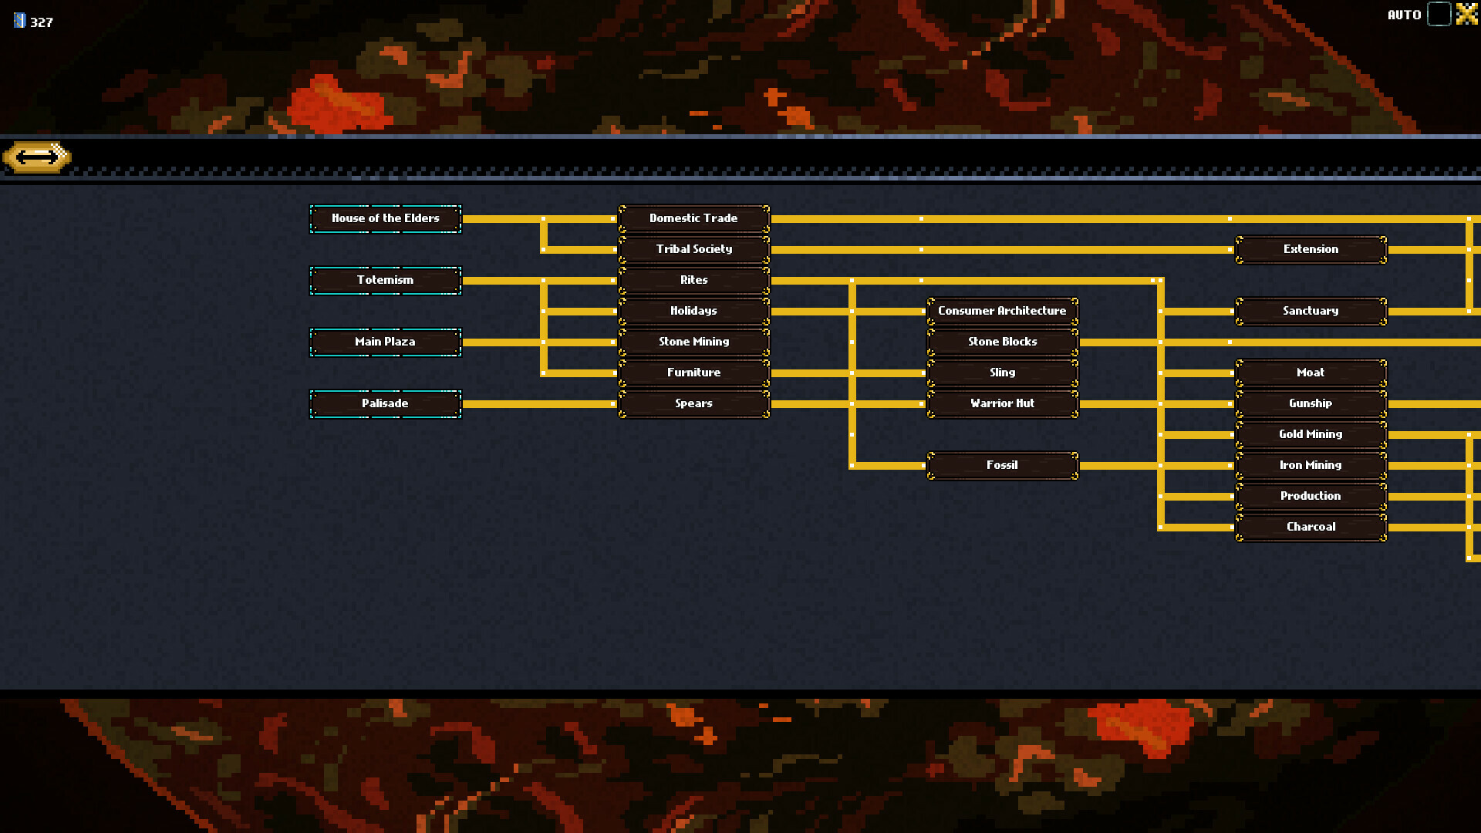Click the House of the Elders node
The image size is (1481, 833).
click(385, 218)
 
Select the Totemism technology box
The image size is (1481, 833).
click(385, 280)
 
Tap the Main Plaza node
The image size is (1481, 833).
click(385, 342)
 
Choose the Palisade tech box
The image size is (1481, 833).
click(385, 403)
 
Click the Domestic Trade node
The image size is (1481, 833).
click(693, 218)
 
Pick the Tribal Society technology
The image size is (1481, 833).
click(693, 249)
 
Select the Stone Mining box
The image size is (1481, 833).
click(693, 342)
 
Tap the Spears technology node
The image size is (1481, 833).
click(693, 403)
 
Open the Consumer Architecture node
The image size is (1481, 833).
click(1002, 311)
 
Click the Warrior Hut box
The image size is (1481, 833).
click(1002, 403)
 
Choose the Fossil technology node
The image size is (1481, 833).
click(1002, 465)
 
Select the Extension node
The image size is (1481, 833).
click(1311, 249)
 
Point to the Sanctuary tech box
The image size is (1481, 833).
click(1311, 311)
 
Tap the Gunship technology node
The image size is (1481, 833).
click(1311, 403)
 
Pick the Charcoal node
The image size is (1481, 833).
click(1311, 527)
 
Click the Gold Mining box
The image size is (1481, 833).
click(1311, 434)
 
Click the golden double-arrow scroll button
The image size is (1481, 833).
click(37, 157)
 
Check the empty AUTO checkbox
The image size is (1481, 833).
click(1439, 14)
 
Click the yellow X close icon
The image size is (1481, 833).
click(1466, 14)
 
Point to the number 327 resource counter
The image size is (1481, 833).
click(41, 22)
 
